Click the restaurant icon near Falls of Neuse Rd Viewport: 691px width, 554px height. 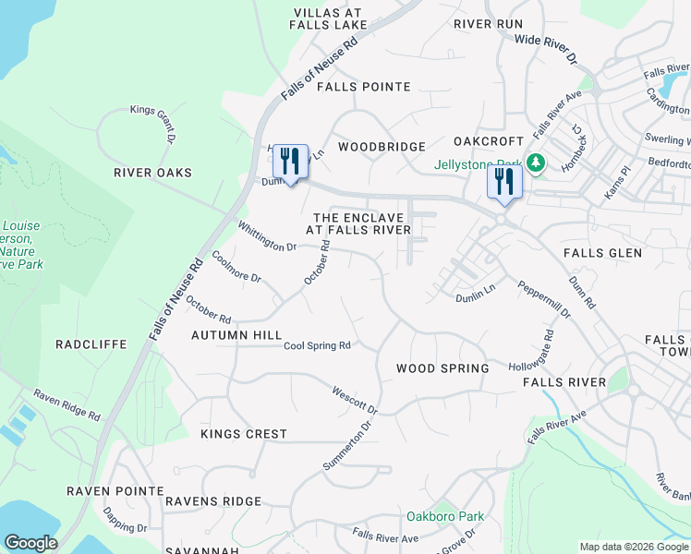[290, 162]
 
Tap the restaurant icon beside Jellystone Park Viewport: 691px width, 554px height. [504, 180]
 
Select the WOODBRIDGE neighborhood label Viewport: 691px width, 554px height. [382, 147]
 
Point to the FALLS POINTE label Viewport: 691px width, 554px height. [363, 87]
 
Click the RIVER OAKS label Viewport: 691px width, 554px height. [152, 173]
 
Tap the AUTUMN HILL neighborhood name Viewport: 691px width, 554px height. [236, 335]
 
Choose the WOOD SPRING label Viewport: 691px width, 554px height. [442, 368]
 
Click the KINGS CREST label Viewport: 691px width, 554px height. [244, 434]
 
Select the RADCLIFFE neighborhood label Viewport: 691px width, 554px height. [91, 344]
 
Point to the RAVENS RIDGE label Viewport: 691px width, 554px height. [213, 501]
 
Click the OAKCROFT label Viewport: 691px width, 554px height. [489, 141]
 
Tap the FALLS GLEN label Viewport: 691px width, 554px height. [601, 252]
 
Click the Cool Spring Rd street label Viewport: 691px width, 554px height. [317, 346]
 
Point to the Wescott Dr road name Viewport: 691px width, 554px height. [356, 401]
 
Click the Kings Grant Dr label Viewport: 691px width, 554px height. [153, 124]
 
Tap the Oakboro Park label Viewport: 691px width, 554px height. [445, 516]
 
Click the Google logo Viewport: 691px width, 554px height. [30, 543]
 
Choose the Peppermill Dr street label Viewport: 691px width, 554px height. [544, 299]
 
